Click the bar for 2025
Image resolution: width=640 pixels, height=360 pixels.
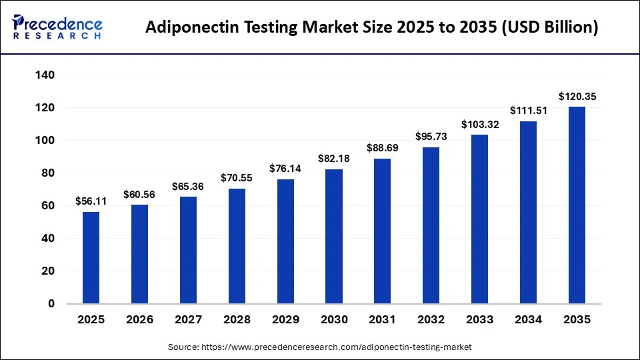(91, 258)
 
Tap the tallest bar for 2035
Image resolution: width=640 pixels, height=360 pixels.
(577, 205)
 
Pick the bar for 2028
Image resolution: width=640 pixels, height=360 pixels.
(237, 246)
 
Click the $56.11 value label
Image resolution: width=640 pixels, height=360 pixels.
(91, 201)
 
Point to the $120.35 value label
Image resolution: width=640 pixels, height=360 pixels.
(577, 97)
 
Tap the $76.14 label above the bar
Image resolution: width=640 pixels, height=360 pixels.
(285, 169)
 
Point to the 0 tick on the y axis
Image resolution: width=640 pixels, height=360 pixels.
(51, 304)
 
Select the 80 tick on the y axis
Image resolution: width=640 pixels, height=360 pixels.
(47, 173)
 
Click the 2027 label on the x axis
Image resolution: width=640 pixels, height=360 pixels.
(188, 320)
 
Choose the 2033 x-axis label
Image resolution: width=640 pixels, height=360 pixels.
(479, 320)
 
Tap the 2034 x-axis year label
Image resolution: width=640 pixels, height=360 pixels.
(528, 320)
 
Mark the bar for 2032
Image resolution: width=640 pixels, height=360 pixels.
(431, 225)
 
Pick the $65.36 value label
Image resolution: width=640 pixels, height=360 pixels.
(188, 186)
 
